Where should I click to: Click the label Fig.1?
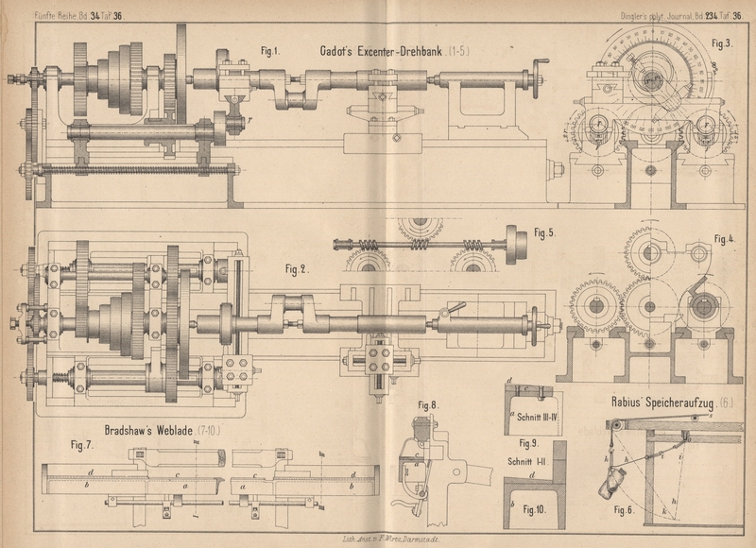tap(271, 51)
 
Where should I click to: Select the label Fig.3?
tap(723, 43)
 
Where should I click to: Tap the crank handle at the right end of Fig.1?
tap(541, 67)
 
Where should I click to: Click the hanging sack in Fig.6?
tap(608, 486)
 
